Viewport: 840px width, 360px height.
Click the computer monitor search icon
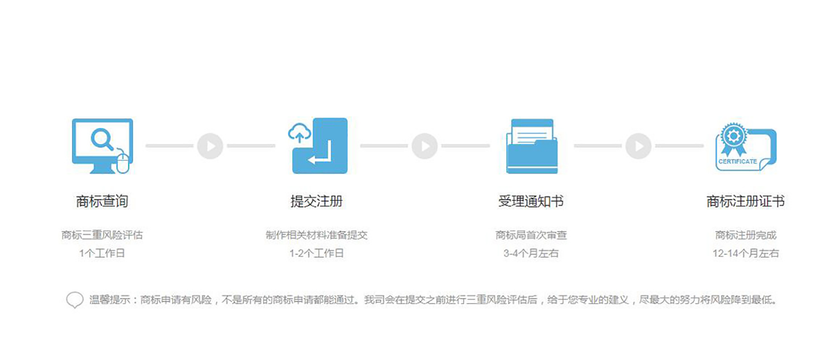point(102,145)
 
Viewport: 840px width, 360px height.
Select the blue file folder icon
point(531,146)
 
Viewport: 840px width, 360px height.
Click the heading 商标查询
point(102,201)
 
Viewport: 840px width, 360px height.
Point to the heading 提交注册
point(316,201)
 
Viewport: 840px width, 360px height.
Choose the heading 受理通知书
point(531,201)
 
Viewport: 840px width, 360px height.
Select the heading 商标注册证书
point(746,201)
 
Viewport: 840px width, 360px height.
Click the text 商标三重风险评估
point(102,235)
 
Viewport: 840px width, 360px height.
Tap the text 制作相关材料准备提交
point(316,235)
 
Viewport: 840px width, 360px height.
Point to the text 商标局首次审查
point(531,235)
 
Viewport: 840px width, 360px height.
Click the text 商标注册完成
point(746,235)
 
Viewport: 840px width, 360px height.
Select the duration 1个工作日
point(102,253)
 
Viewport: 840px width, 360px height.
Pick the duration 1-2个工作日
point(316,253)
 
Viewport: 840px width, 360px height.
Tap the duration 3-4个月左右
point(531,253)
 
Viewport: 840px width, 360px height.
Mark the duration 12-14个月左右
point(746,253)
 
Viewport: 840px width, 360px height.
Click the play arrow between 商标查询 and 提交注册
point(210,146)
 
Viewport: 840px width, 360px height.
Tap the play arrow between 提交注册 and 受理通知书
point(425,146)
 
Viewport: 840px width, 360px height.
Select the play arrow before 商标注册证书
point(638,146)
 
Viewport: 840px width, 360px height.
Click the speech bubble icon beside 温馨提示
point(75,300)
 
